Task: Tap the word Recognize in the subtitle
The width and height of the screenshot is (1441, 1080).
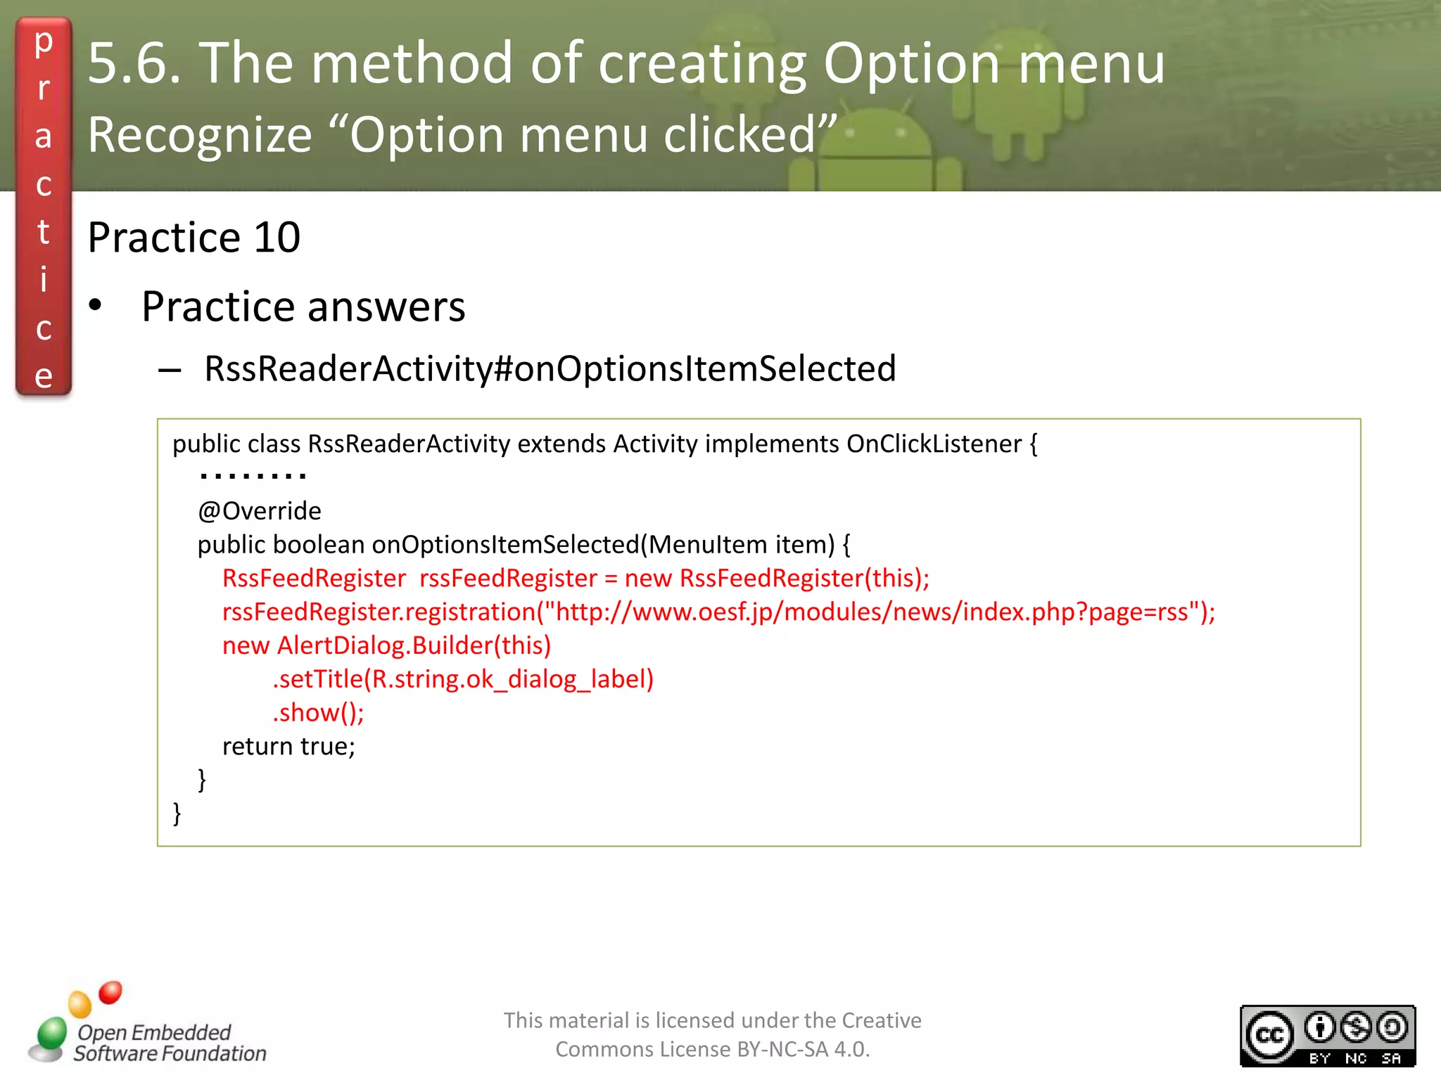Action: (x=200, y=135)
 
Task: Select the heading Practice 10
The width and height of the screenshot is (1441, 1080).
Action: (x=194, y=238)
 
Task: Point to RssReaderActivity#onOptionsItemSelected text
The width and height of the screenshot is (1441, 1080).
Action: (x=550, y=368)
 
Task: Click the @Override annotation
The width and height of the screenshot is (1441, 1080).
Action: (x=260, y=511)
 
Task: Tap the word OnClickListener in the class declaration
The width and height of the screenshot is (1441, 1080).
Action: (x=934, y=444)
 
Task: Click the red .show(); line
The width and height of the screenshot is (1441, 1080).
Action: (x=318, y=713)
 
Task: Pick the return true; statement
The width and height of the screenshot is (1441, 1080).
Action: (x=288, y=747)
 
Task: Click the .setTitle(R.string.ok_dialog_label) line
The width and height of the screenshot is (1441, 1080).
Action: (x=463, y=679)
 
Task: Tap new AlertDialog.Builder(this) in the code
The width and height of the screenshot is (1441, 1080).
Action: (x=386, y=645)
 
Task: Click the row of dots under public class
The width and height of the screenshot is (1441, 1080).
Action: (x=253, y=477)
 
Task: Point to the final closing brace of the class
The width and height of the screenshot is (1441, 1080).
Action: (x=177, y=814)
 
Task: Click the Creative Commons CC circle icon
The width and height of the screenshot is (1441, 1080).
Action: (x=1269, y=1036)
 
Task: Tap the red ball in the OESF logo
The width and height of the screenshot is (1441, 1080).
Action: (x=110, y=992)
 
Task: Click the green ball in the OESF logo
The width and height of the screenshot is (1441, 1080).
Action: (x=51, y=1034)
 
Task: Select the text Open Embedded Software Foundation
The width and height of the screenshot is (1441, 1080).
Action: (x=169, y=1043)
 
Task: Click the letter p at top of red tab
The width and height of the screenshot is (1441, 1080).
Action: (x=44, y=42)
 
